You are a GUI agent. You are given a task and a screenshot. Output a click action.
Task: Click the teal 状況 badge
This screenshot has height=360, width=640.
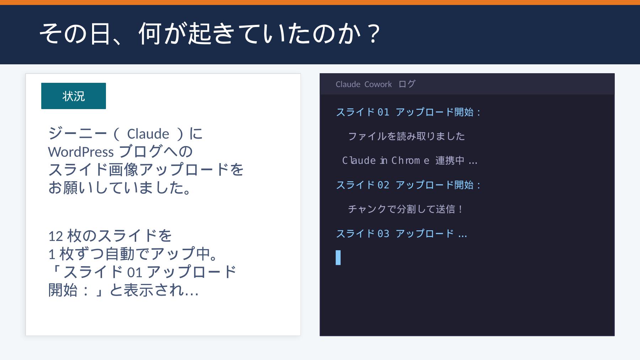74,96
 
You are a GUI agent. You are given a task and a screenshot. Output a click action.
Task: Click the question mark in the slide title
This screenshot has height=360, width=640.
373,34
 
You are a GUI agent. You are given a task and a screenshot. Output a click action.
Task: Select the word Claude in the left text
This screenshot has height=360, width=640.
148,134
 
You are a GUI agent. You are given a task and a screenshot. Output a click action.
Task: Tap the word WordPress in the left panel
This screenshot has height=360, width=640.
81,152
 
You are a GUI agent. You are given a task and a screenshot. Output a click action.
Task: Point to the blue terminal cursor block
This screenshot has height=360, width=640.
338,258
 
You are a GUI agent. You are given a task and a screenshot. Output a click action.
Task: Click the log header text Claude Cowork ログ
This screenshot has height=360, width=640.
375,84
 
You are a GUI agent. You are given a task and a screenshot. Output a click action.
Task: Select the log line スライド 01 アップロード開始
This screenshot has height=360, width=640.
408,112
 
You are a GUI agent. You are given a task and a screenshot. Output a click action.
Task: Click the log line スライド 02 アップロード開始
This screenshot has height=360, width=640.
408,185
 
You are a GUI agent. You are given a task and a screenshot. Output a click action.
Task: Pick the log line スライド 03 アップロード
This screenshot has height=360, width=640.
401,234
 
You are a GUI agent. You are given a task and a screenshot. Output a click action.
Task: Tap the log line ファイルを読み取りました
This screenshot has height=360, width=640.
406,136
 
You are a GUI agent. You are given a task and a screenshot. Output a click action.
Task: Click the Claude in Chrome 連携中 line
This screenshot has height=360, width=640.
409,161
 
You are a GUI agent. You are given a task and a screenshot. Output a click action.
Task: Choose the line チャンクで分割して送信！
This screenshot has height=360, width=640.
406,209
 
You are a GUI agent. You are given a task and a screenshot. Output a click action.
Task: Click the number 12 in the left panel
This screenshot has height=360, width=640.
55,236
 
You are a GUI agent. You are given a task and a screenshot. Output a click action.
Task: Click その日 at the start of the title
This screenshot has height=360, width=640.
75,34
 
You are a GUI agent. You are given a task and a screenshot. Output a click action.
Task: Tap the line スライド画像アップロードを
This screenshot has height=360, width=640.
146,170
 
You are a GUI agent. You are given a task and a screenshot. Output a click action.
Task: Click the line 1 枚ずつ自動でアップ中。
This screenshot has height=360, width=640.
133,254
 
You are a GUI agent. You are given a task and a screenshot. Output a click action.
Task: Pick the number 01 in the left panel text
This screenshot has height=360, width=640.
135,273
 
